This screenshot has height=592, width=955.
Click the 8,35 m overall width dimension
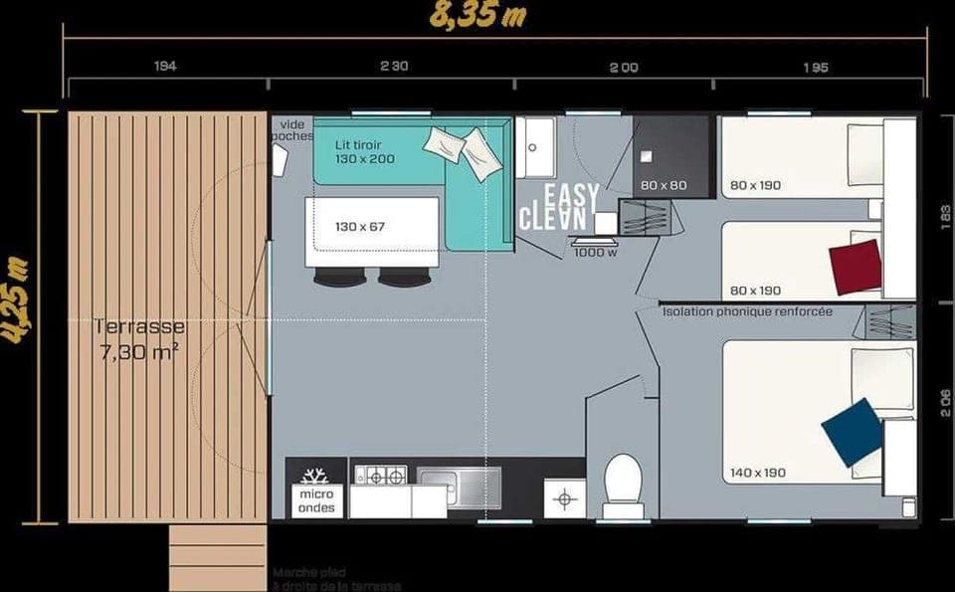pyautogui.click(x=477, y=16)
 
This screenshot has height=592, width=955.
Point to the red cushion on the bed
pyautogui.click(x=856, y=267)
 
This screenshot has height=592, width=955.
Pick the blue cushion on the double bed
pyautogui.click(x=852, y=432)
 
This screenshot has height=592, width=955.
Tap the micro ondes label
pyautogui.click(x=316, y=499)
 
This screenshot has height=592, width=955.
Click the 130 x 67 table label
pyautogui.click(x=361, y=227)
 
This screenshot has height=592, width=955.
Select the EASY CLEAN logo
pyautogui.click(x=558, y=207)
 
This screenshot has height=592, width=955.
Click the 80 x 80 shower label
pyautogui.click(x=665, y=185)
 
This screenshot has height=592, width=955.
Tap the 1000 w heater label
pyautogui.click(x=595, y=252)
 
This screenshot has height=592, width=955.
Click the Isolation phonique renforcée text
pyautogui.click(x=747, y=311)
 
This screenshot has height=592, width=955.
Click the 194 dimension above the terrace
pyautogui.click(x=165, y=68)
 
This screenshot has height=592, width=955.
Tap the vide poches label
pyautogui.click(x=291, y=130)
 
